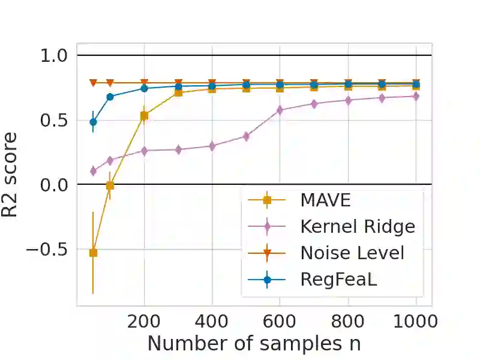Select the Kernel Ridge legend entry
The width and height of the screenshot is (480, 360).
point(358,226)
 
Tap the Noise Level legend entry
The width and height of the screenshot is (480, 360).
point(352,253)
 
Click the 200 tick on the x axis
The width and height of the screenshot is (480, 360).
point(144,321)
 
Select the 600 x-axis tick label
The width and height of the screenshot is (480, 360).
point(280,321)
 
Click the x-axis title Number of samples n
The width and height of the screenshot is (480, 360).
point(254,344)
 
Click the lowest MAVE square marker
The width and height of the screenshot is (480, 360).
point(93,253)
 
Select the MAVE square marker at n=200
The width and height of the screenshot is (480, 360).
point(144,116)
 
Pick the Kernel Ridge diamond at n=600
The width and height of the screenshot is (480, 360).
point(280,110)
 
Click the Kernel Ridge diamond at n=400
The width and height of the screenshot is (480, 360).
point(212,146)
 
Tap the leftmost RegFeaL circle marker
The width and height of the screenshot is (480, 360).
point(93,122)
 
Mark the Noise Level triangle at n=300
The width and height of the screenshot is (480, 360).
point(178,83)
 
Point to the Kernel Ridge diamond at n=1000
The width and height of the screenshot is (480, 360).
point(415,96)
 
